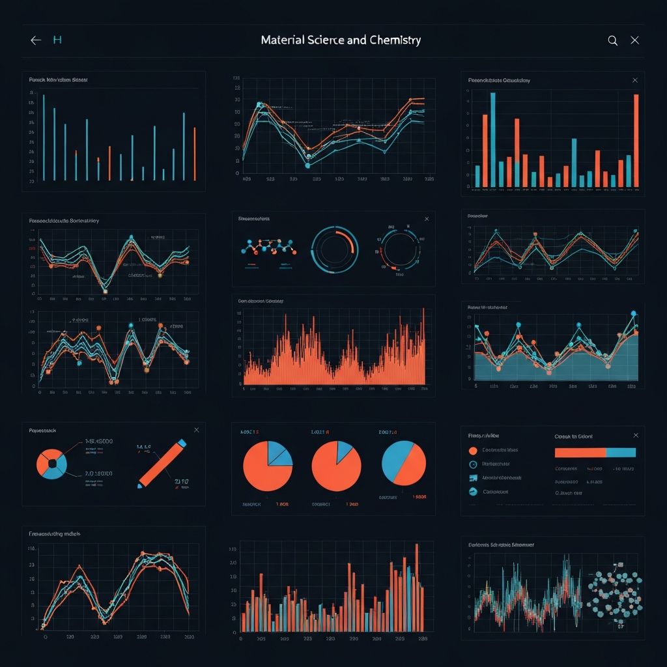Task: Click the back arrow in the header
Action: (36, 40)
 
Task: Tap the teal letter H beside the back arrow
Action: (57, 40)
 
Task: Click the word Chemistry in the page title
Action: (394, 40)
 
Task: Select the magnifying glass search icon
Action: (612, 40)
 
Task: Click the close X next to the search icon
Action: (635, 40)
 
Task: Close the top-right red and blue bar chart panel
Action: (635, 80)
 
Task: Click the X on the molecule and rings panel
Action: (427, 220)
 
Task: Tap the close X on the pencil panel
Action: (196, 430)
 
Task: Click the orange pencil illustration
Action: (160, 464)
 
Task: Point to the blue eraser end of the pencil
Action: (181, 444)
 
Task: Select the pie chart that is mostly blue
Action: (404, 462)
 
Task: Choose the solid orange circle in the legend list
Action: (473, 450)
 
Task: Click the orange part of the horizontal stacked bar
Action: (580, 453)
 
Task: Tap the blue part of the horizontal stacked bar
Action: (621, 453)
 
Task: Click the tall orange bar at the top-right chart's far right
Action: (636, 140)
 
